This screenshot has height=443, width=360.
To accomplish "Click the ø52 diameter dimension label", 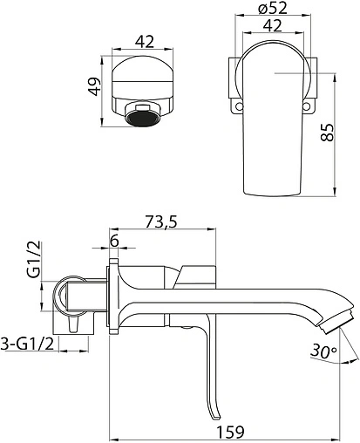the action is [272, 9].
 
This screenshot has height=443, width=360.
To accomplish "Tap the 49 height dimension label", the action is [95, 86].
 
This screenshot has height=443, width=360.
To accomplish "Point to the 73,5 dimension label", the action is [161, 222].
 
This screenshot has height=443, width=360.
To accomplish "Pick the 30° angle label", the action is [323, 351].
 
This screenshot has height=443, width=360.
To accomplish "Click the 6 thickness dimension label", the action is [114, 241].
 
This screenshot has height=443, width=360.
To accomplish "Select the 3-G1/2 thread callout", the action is [28, 344].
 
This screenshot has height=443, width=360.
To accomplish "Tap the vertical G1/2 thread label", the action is [36, 260].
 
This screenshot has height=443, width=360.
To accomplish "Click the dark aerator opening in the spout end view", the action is [142, 119].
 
